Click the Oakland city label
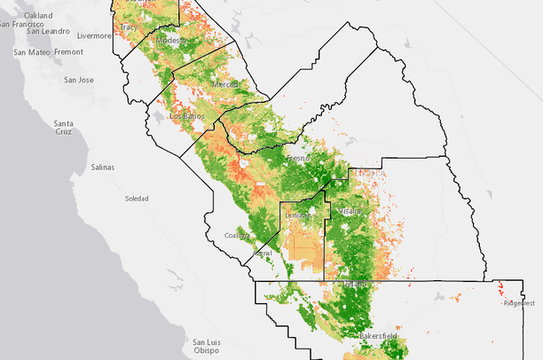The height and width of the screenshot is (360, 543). (x=38, y=16)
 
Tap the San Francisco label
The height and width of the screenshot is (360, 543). (x=18, y=24)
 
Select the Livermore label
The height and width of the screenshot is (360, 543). (x=94, y=36)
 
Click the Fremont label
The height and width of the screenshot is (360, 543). (x=69, y=52)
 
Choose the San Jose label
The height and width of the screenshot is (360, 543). (x=79, y=80)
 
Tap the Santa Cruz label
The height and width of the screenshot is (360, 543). (x=62, y=127)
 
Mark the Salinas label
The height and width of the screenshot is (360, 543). (x=102, y=167)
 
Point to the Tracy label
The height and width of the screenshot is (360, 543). (x=130, y=27)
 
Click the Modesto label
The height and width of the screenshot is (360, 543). (x=170, y=41)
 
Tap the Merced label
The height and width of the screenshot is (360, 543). (x=225, y=83)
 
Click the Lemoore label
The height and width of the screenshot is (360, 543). (x=298, y=215)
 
